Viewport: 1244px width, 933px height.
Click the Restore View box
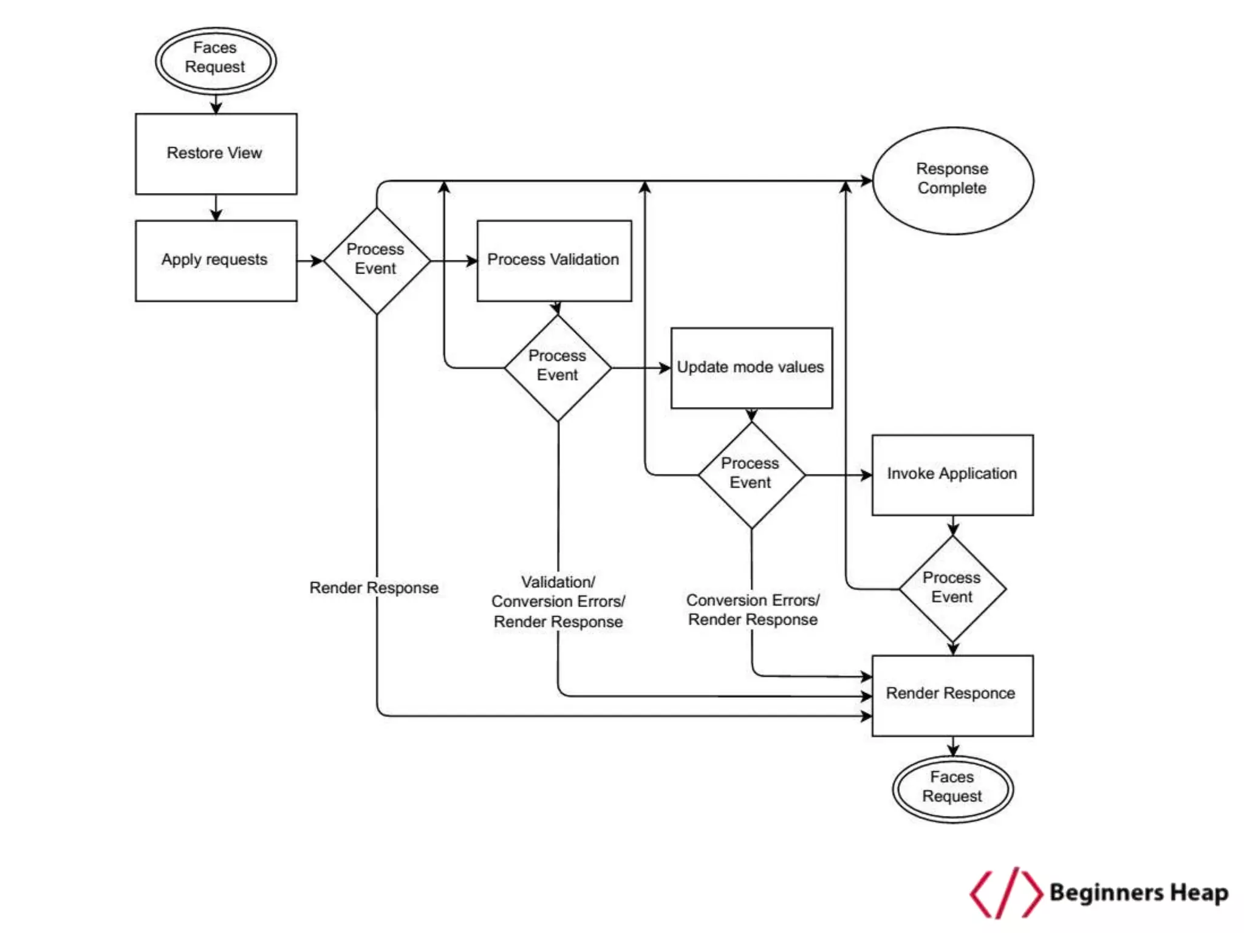click(x=216, y=154)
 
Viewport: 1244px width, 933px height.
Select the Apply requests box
click(x=216, y=261)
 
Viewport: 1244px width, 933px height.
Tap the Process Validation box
click(x=553, y=261)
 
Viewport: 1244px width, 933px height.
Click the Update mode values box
click(x=751, y=368)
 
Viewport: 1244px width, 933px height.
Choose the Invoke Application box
click(x=952, y=474)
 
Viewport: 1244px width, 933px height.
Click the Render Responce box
click(x=952, y=695)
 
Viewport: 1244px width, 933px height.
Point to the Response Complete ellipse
click(x=952, y=180)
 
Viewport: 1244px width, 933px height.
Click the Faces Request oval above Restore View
click(x=216, y=60)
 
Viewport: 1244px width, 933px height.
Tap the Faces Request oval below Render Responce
click(x=952, y=788)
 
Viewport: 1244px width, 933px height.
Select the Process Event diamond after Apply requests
click(x=376, y=261)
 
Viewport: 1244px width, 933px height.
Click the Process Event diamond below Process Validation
click(x=557, y=367)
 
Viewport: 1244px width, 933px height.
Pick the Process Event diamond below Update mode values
click(x=751, y=474)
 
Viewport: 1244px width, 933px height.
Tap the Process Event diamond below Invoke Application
click(x=952, y=588)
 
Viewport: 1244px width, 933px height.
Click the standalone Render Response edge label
click(x=374, y=588)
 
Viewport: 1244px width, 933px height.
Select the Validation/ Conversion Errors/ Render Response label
click(x=558, y=601)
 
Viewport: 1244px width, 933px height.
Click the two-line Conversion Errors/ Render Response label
click(x=752, y=609)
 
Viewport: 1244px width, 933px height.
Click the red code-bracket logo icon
click(x=1005, y=892)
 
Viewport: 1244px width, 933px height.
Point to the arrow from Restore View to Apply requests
click(x=216, y=208)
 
